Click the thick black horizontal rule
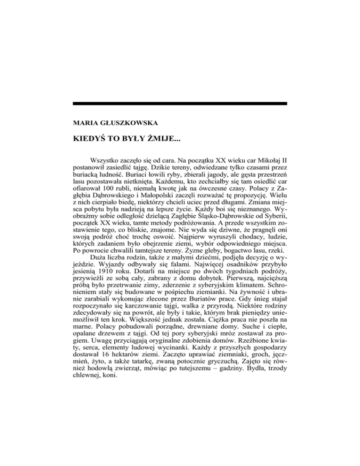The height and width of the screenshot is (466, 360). [x=180, y=103]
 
